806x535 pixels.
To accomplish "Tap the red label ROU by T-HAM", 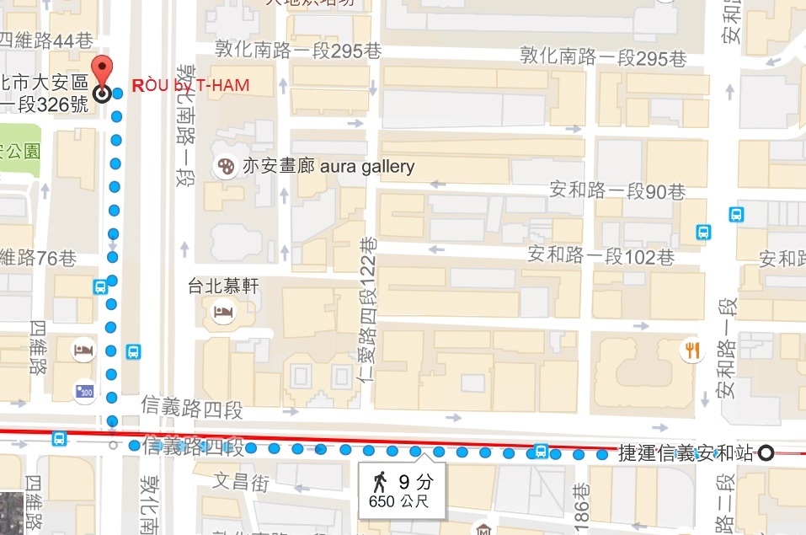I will click(x=191, y=86).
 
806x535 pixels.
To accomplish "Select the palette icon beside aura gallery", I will click(x=226, y=167).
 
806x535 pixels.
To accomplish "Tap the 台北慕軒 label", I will click(x=223, y=286).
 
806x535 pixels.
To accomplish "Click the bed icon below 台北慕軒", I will click(x=224, y=313).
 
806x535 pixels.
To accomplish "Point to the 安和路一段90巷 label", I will click(x=617, y=191).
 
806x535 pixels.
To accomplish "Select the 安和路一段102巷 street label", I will click(x=600, y=255).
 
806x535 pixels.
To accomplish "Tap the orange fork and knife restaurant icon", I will click(x=692, y=350).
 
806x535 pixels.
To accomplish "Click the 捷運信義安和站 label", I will click(x=686, y=452).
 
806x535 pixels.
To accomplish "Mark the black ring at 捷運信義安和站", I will click(x=766, y=452).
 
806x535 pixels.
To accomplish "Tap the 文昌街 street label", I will click(x=240, y=482).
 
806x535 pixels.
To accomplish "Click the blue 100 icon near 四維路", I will click(x=84, y=391).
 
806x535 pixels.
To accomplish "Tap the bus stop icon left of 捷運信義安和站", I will click(x=541, y=451).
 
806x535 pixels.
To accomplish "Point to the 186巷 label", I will click(x=580, y=503).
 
